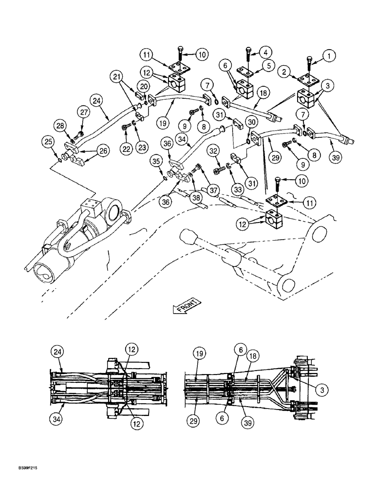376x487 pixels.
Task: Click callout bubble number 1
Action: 331,56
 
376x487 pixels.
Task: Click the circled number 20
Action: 143,87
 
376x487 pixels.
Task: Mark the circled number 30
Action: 252,122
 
